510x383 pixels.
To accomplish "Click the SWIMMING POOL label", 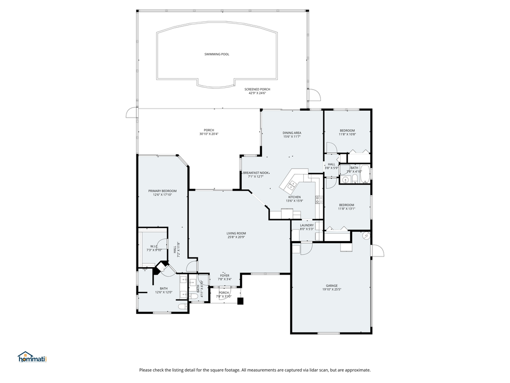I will [x=217, y=54].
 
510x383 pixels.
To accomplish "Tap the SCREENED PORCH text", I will [x=257, y=89].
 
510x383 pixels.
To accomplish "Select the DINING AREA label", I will [x=292, y=133].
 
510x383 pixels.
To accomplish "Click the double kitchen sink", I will [x=292, y=185].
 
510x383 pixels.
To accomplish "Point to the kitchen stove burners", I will [x=319, y=200].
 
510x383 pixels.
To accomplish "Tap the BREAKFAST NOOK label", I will [x=256, y=173].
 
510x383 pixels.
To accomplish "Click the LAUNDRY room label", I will [x=307, y=225].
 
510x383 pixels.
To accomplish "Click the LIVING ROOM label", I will [x=236, y=232].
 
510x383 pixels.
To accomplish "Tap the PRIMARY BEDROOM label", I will [x=162, y=190].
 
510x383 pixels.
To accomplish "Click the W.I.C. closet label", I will [x=153, y=246].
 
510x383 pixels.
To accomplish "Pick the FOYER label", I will [x=225, y=275].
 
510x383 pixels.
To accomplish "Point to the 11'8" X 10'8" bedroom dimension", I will [x=347, y=134].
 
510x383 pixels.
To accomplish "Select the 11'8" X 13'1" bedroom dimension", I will [x=347, y=209].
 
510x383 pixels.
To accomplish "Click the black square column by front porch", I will [x=240, y=301].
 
